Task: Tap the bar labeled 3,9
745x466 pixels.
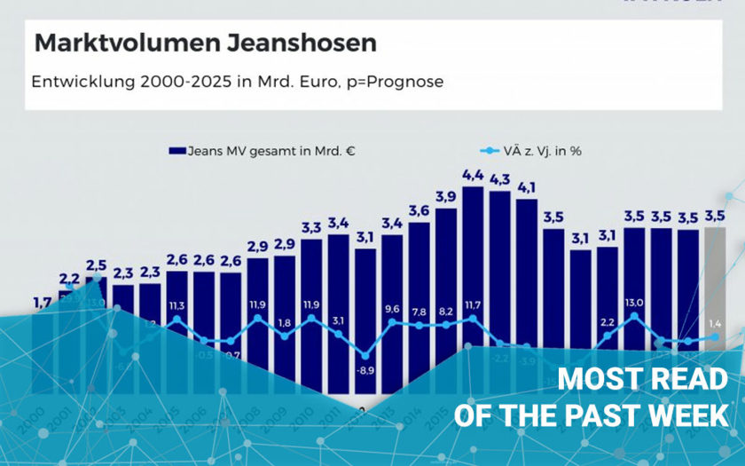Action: pos(446,266)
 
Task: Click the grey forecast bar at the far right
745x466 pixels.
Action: pos(715,275)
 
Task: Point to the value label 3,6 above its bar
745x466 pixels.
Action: pos(420,210)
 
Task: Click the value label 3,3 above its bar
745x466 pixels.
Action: pos(311,227)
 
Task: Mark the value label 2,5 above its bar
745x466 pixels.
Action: pos(96,265)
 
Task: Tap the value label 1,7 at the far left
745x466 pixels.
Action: pos(42,303)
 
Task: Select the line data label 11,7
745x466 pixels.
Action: pos(473,306)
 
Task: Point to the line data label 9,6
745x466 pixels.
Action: pos(392,310)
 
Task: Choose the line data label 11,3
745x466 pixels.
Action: pos(176,306)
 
